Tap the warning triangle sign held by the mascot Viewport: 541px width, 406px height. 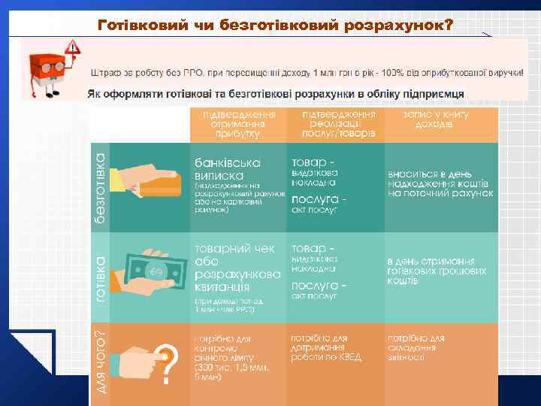pos(73,47)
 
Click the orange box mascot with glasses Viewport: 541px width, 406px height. pos(47,71)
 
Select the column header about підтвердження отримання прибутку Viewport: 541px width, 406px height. pos(236,124)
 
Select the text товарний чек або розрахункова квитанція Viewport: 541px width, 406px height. pos(236,268)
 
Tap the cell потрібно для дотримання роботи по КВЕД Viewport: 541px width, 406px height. pos(327,347)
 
